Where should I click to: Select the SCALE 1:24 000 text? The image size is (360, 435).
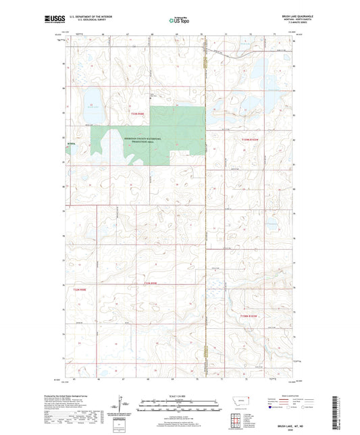[180, 395]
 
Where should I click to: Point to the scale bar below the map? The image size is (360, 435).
[180, 407]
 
